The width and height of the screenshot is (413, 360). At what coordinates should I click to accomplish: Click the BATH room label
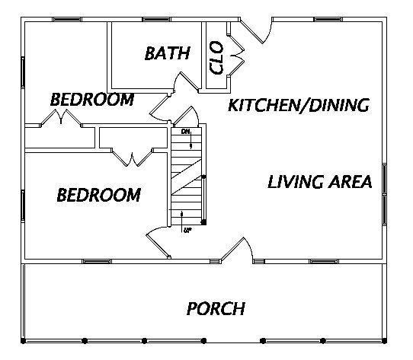coord(168,53)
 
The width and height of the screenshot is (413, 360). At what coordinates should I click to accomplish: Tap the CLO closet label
coord(216,58)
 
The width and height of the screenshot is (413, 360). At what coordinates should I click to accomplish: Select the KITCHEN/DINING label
coord(299,105)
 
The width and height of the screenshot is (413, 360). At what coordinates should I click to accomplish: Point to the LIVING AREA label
coord(320,182)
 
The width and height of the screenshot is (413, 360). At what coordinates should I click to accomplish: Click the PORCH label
coord(216,308)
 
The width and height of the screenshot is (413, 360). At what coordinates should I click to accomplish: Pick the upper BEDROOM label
coord(92,100)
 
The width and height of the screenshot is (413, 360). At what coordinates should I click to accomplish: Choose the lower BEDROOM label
coord(99,195)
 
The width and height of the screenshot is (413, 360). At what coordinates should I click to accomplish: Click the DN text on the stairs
coord(185,132)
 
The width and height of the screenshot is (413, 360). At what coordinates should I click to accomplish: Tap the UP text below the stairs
coord(187,231)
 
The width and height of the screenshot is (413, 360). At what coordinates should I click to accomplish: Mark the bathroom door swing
coord(186,81)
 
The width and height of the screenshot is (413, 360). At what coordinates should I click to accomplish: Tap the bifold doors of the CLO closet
coord(235,56)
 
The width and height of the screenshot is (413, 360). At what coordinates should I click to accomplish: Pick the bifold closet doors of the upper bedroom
coord(61,117)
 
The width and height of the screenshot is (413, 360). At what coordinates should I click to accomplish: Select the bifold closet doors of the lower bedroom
coord(132,158)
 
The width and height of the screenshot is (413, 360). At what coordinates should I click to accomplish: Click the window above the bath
coord(156,20)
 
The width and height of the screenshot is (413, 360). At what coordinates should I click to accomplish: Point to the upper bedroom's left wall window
coord(23,72)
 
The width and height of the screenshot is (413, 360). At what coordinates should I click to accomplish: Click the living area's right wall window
coord(385,194)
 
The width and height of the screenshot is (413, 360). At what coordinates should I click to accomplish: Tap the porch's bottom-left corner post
coord(23,341)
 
